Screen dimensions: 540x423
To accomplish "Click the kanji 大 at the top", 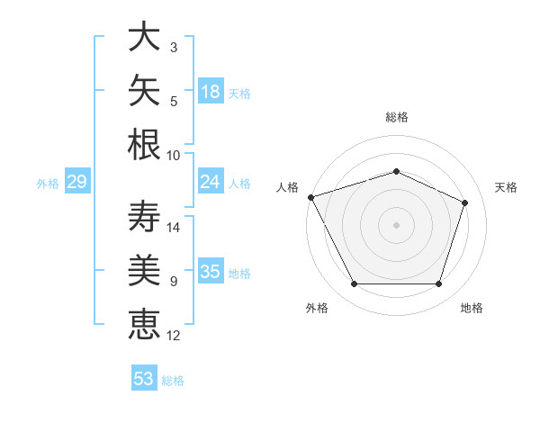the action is [x=144, y=36].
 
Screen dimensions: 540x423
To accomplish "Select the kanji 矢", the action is [x=144, y=90].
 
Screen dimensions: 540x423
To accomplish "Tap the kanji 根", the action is [x=144, y=144].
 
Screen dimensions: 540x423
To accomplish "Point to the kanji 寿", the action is [x=144, y=216].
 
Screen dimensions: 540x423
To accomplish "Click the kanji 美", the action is [x=144, y=270].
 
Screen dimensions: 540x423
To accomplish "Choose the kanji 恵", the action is [x=144, y=324].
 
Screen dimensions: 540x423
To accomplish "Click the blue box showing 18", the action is [x=211, y=91].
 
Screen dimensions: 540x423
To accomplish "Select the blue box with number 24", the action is [x=211, y=181].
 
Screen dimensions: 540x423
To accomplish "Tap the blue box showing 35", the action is [x=211, y=270].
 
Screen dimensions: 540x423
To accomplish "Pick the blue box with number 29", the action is [x=77, y=181].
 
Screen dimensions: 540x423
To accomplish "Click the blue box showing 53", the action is [x=144, y=377].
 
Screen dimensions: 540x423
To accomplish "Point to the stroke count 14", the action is [x=173, y=228].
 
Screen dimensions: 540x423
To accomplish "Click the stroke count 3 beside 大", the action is [x=174, y=47].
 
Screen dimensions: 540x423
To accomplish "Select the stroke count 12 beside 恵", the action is [x=173, y=335].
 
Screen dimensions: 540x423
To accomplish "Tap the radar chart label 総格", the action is [x=397, y=117].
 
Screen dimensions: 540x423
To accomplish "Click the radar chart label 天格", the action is [x=506, y=187].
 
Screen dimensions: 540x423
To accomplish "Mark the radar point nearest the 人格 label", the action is [x=311, y=197].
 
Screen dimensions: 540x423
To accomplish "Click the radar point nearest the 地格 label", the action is [x=438, y=284].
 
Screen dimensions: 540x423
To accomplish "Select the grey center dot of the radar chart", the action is [x=396, y=225].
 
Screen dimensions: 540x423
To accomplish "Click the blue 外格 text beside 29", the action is [x=48, y=184].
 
